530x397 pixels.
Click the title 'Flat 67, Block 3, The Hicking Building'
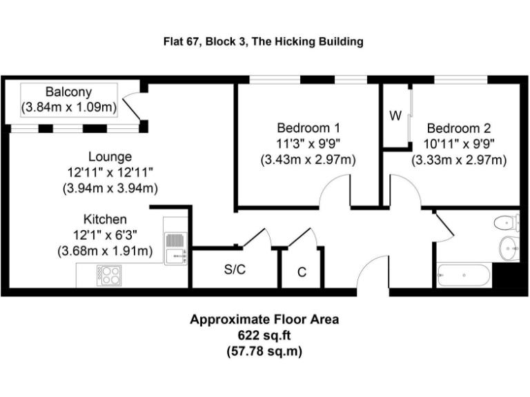pyautogui.click(x=263, y=41)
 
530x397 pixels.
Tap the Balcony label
pyautogui.click(x=68, y=92)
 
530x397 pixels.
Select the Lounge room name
pyautogui.click(x=110, y=157)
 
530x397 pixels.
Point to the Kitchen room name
pyautogui.click(x=105, y=219)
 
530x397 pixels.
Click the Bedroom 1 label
pyautogui.click(x=308, y=128)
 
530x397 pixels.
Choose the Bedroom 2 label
pyautogui.click(x=459, y=128)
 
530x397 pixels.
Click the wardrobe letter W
pyautogui.click(x=395, y=116)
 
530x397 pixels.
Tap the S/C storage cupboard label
pyautogui.click(x=235, y=269)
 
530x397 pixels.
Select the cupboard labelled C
pyautogui.click(x=302, y=272)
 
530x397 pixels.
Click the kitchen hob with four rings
pyautogui.click(x=109, y=275)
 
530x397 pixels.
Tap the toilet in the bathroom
pyautogui.click(x=506, y=222)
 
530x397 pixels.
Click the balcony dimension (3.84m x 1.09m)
pyautogui.click(x=68, y=107)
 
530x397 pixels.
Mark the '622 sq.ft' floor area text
pyautogui.click(x=265, y=336)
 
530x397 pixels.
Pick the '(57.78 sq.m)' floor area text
pyautogui.click(x=265, y=351)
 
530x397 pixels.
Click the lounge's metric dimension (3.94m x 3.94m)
pyautogui.click(x=110, y=187)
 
